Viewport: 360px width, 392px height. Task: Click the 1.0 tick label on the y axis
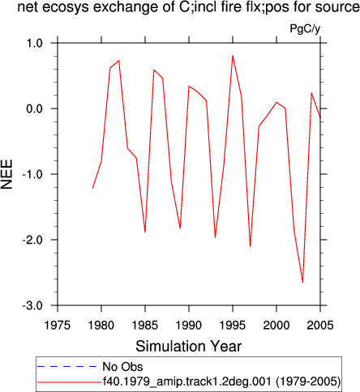34,43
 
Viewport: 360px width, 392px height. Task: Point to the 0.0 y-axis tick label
34,109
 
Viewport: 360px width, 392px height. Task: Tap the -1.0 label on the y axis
32,174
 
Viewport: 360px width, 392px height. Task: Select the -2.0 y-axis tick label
32,240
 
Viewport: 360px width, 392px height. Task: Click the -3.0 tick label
32,305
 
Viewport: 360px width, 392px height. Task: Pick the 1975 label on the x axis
58,325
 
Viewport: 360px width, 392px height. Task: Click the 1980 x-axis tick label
101,325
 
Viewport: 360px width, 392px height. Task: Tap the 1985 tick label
145,325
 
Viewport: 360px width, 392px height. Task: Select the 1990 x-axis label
189,325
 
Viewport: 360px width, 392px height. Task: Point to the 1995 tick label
233,325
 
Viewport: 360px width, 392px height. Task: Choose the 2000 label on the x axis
276,325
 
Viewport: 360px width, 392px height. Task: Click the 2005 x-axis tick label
320,325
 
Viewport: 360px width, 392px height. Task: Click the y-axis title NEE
6,174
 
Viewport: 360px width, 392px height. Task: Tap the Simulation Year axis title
189,346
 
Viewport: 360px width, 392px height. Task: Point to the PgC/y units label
305,28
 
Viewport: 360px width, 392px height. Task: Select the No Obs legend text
122,367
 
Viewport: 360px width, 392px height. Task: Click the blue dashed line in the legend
67,367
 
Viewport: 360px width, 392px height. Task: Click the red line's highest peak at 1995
233,56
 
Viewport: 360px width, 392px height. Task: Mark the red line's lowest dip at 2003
302,283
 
